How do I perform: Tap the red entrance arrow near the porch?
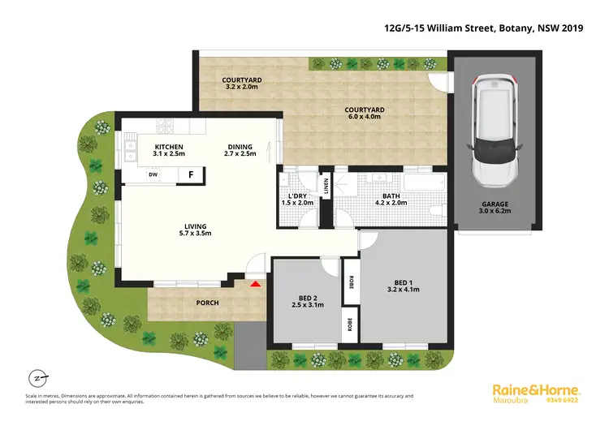point(256,284)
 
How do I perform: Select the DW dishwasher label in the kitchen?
point(153,174)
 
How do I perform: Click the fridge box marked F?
point(190,174)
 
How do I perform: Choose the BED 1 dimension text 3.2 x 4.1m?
point(404,290)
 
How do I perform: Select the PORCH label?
point(208,303)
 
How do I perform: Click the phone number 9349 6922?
point(562,400)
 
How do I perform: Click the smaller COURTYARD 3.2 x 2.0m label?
point(242,84)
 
